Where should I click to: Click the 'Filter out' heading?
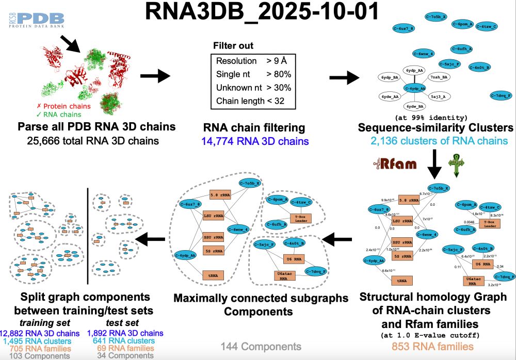[233, 46]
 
